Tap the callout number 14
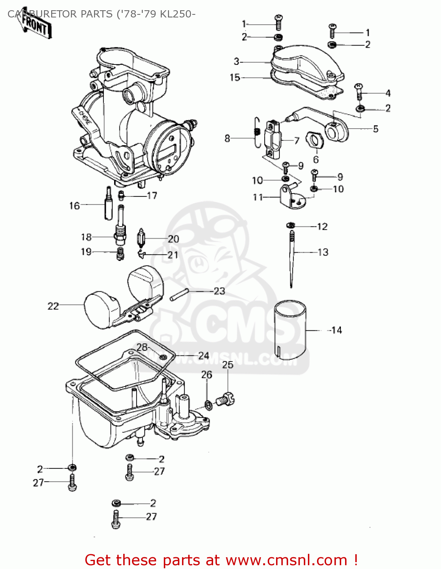[336, 330]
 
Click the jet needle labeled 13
[292, 258]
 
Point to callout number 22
[53, 306]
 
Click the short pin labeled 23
[179, 295]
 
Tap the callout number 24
[204, 355]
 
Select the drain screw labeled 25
[225, 399]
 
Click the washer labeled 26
[208, 405]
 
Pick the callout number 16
[74, 206]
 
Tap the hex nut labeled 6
[315, 141]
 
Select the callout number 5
[375, 129]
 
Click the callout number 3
[237, 61]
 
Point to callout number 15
[235, 77]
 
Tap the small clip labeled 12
[291, 226]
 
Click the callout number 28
[142, 347]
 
